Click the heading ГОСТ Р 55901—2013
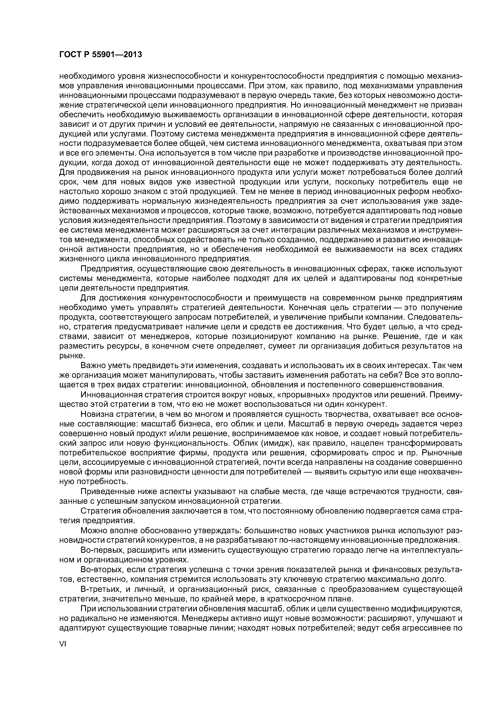coord(100,55)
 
